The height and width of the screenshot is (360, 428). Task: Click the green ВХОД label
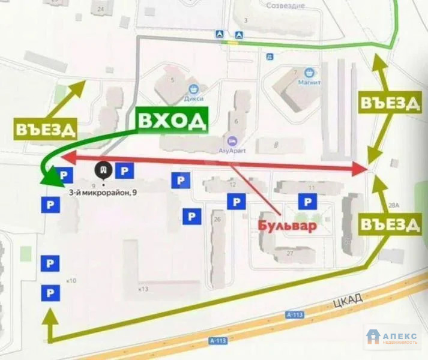click(172, 121)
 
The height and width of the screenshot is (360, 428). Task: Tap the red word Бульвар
click(287, 226)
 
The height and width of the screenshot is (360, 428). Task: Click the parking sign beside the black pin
click(124, 171)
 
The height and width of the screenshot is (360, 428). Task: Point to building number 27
click(290, 253)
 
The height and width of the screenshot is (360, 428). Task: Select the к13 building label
click(142, 289)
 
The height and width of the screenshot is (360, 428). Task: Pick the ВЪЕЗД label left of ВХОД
click(46, 129)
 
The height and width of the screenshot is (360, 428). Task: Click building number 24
click(100, 9)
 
